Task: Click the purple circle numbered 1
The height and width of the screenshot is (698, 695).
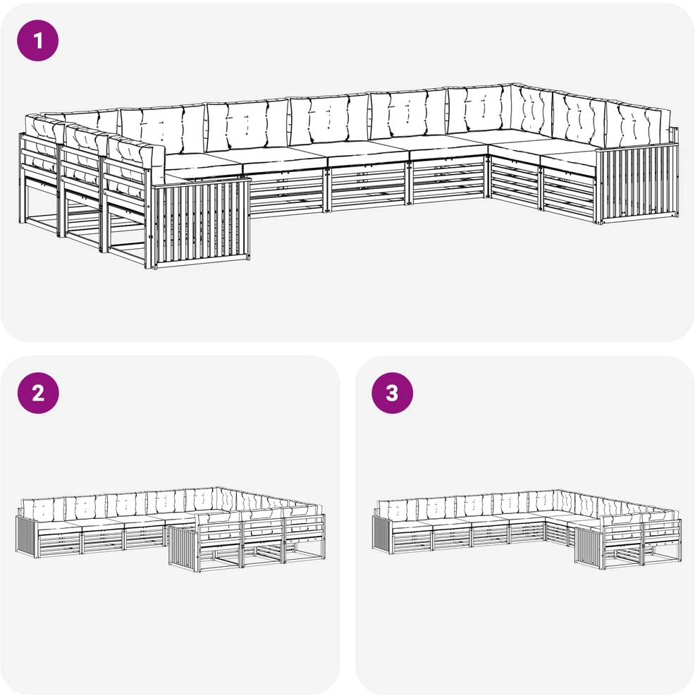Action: [38, 40]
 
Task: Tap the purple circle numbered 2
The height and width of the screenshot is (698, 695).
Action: [38, 393]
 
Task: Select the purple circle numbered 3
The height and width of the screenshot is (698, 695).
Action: [392, 393]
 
